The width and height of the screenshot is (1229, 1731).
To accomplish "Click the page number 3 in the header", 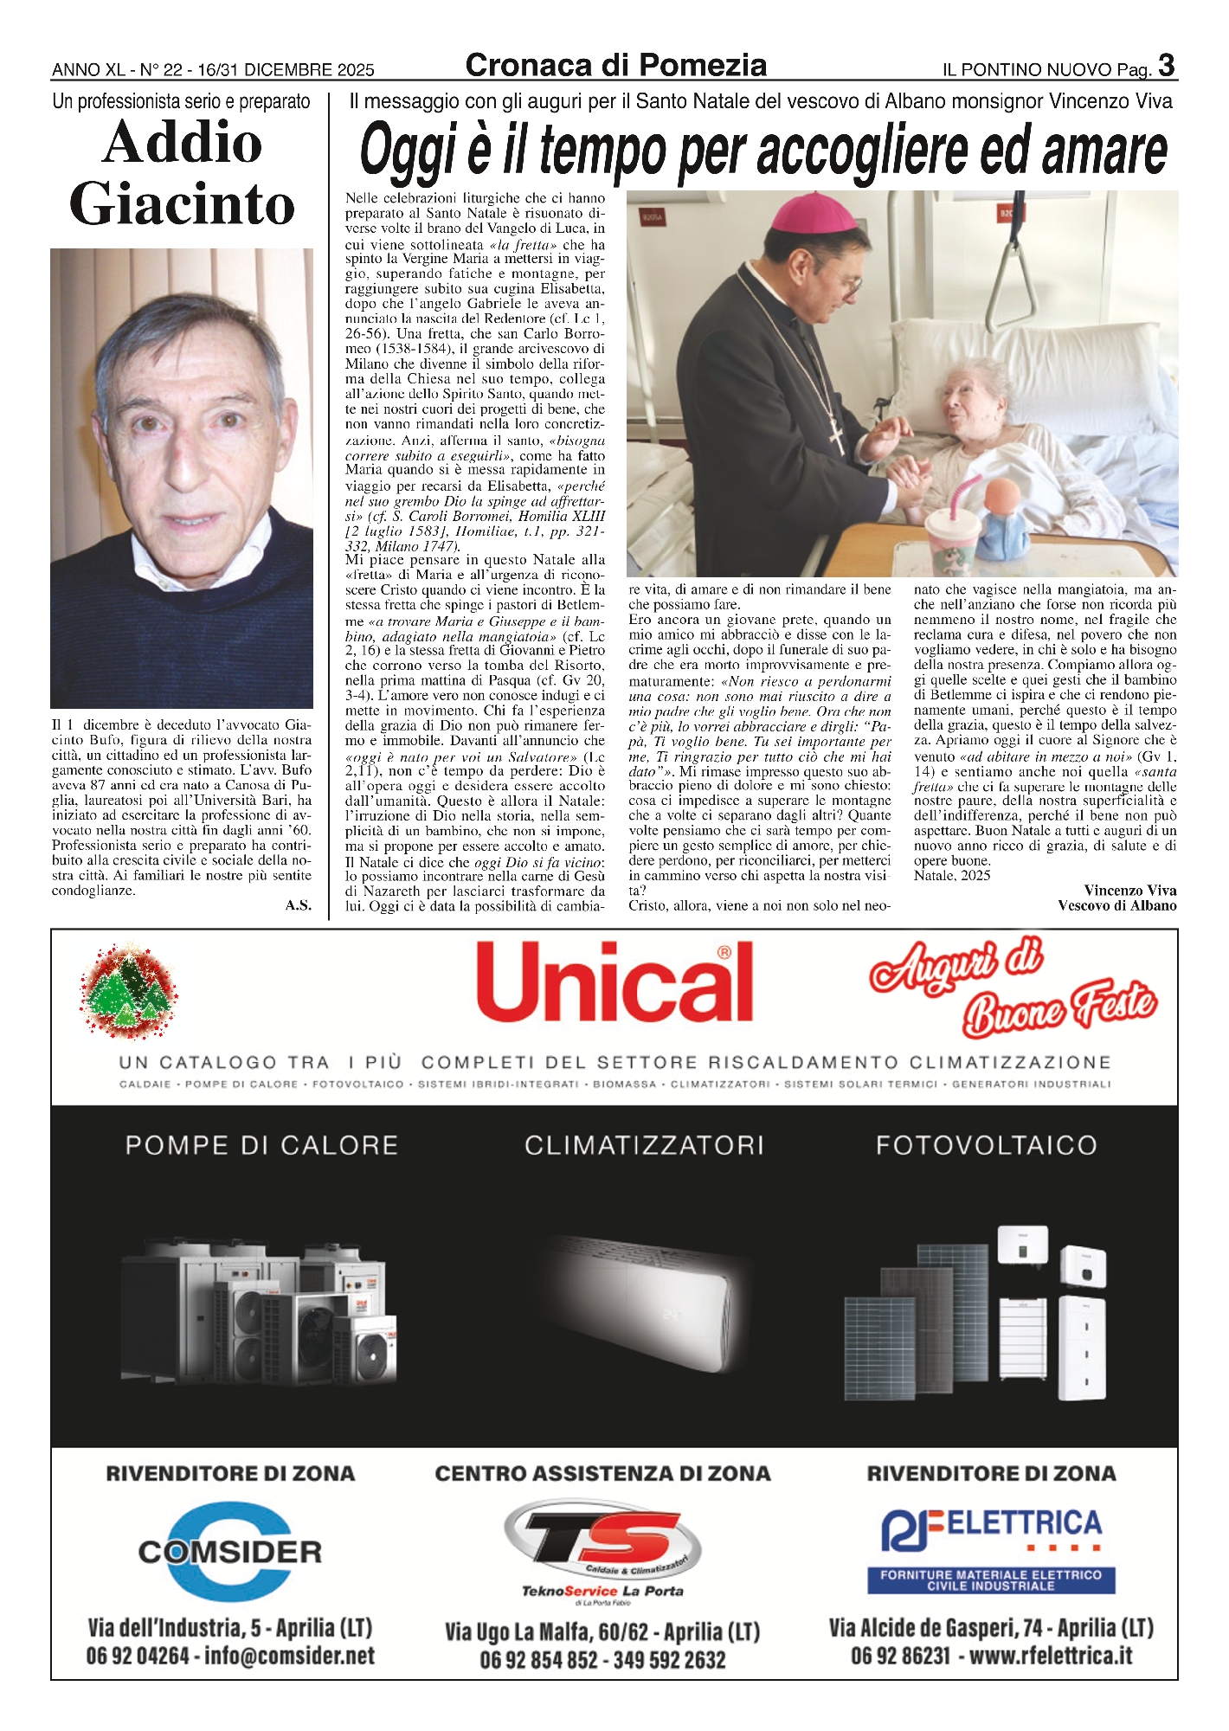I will point(1167,66).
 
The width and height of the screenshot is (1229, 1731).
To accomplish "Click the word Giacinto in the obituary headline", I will point(182,204).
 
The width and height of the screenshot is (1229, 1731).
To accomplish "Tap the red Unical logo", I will point(614,982).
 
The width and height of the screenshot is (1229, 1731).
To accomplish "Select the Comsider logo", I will point(230,1551).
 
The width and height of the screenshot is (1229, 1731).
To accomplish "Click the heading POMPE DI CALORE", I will point(261,1145).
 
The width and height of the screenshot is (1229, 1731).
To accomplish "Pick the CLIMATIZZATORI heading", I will point(644,1145).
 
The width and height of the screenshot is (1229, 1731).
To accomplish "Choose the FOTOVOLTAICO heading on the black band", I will point(986,1145).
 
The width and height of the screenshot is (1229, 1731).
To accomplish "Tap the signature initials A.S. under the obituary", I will point(298,905).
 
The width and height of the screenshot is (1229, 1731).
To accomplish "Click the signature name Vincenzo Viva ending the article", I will point(1129,890).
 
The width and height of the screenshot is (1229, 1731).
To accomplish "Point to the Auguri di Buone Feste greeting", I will point(1013,987).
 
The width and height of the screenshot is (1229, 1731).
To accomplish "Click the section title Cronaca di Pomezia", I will point(615,66).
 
